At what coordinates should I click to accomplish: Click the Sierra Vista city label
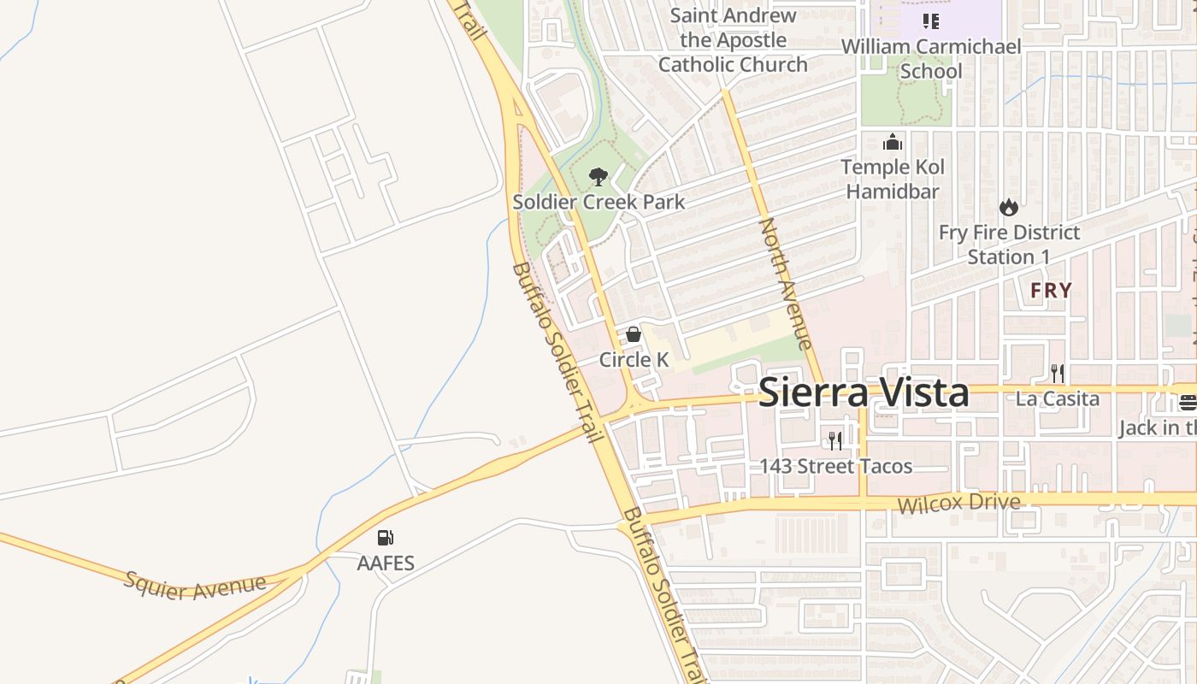pyautogui.click(x=864, y=393)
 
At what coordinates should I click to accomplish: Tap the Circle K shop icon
pyautogui.click(x=634, y=334)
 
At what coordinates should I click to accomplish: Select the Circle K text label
pyautogui.click(x=634, y=360)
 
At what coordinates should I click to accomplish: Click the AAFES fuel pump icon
pyautogui.click(x=386, y=538)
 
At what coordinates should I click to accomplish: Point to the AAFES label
pyautogui.click(x=386, y=563)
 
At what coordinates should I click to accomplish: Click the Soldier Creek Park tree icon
pyautogui.click(x=598, y=177)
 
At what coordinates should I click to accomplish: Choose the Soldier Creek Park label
pyautogui.click(x=598, y=203)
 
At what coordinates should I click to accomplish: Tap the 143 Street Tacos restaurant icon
pyautogui.click(x=835, y=441)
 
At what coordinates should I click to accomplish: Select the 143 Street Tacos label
pyautogui.click(x=835, y=467)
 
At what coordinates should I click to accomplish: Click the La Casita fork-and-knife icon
pyautogui.click(x=1058, y=373)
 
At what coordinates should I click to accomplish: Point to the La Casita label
pyautogui.click(x=1058, y=398)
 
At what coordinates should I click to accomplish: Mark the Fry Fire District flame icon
pyautogui.click(x=1009, y=208)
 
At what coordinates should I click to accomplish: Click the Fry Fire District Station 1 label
pyautogui.click(x=1009, y=245)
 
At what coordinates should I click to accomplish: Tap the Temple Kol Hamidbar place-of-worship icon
pyautogui.click(x=892, y=142)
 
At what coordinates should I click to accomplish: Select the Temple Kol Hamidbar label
pyautogui.click(x=892, y=179)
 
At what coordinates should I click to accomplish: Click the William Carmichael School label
pyautogui.click(x=931, y=58)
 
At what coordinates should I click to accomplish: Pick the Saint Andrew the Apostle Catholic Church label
pyautogui.click(x=733, y=39)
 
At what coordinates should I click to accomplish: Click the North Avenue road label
pyautogui.click(x=785, y=284)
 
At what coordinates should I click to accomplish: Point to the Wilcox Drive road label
pyautogui.click(x=958, y=503)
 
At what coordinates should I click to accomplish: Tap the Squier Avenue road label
pyautogui.click(x=195, y=586)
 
